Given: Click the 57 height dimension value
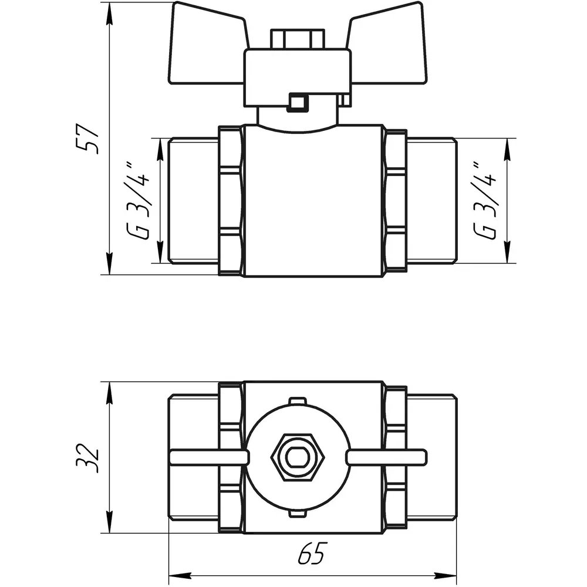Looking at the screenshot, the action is coord(87,139).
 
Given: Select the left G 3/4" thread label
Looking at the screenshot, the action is coord(139,201).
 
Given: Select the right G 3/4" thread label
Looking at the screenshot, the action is coord(485,200).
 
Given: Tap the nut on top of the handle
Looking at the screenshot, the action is coord(298,39).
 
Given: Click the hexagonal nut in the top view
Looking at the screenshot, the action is coord(298,457).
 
